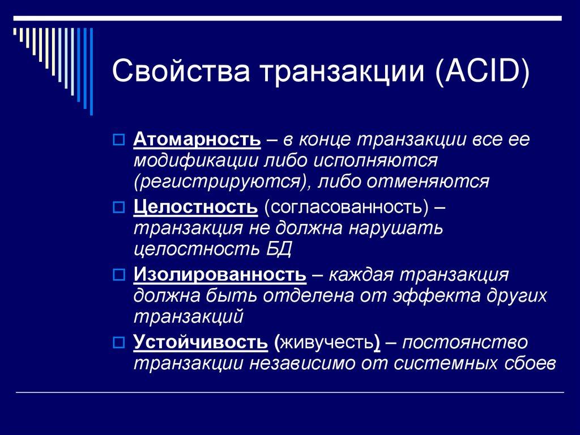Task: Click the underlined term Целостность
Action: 195,208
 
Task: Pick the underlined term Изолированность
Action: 220,276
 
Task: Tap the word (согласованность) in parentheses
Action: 344,208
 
